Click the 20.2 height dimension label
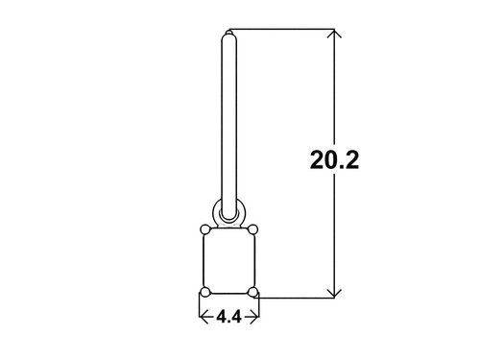(x=334, y=160)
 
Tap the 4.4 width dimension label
(x=228, y=317)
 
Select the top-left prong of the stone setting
(x=205, y=229)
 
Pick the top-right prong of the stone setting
(x=252, y=229)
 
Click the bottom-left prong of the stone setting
(x=205, y=292)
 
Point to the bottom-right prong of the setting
(x=252, y=292)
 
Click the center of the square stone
(x=229, y=261)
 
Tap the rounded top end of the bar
(x=229, y=35)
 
